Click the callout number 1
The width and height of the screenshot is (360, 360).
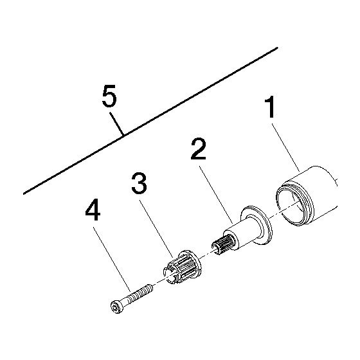270,107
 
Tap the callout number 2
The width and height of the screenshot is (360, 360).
199,148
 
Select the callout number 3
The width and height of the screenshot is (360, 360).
139,183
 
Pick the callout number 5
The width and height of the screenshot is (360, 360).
109,96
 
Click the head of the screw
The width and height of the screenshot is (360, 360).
117,307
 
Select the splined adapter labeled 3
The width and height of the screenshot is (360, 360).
183,267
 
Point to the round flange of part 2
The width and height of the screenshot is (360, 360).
256,225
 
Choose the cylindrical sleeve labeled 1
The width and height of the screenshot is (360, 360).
307,195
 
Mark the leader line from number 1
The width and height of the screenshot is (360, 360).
285,148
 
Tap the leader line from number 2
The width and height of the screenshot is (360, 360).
216,195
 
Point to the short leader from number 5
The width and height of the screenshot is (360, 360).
117,123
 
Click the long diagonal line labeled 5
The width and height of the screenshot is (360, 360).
150,121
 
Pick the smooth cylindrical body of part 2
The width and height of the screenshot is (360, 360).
244,233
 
